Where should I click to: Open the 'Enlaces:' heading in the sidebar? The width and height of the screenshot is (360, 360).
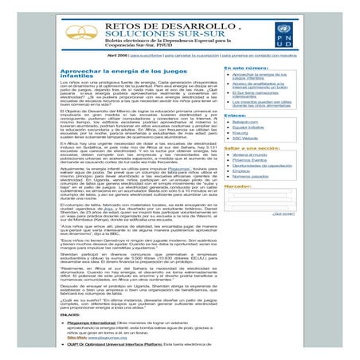tap(236, 114)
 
